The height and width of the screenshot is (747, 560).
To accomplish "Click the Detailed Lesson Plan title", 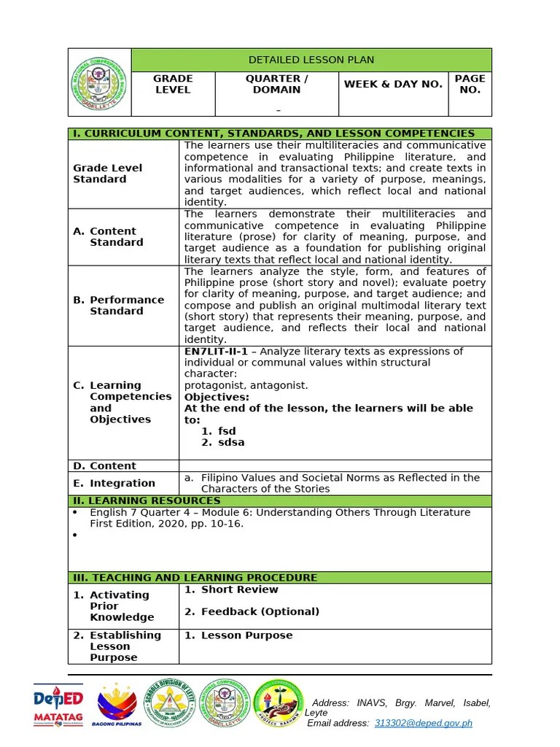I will [x=311, y=60].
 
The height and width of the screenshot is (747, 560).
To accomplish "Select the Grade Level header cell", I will [x=173, y=84].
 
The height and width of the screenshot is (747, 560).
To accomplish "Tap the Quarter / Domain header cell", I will [x=276, y=84].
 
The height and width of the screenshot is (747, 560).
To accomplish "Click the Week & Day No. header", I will [x=393, y=84].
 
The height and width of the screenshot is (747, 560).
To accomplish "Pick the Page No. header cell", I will [x=470, y=84].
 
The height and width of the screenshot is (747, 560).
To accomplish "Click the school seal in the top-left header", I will [x=100, y=82].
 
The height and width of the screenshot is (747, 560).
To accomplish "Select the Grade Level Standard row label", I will [x=107, y=174].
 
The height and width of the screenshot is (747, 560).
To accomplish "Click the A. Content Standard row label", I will [x=112, y=236].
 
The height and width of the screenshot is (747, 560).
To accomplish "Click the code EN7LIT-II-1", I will [x=214, y=352].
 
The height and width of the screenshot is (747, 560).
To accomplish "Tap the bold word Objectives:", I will [x=217, y=397].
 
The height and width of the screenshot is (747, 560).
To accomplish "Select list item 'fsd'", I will [x=227, y=431].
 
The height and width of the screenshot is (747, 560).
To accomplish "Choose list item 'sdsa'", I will [x=231, y=442].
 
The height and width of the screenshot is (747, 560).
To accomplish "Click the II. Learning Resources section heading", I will [x=146, y=500].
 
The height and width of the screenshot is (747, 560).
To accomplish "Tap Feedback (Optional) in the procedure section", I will [x=260, y=611].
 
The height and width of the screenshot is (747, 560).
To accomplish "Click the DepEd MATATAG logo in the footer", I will [x=58, y=705].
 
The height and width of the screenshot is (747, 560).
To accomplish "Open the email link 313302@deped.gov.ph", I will [x=423, y=723].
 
